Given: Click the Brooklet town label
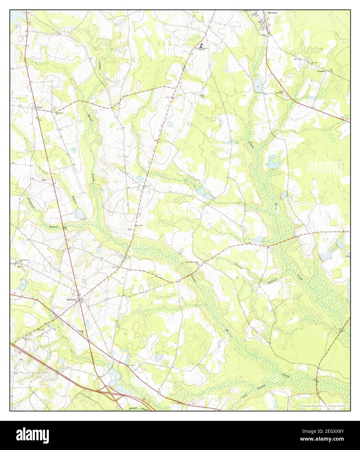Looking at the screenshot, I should coord(273,13).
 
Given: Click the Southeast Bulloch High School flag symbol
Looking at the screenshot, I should coord(201,45).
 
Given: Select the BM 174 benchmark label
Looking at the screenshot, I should coord(157,141).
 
